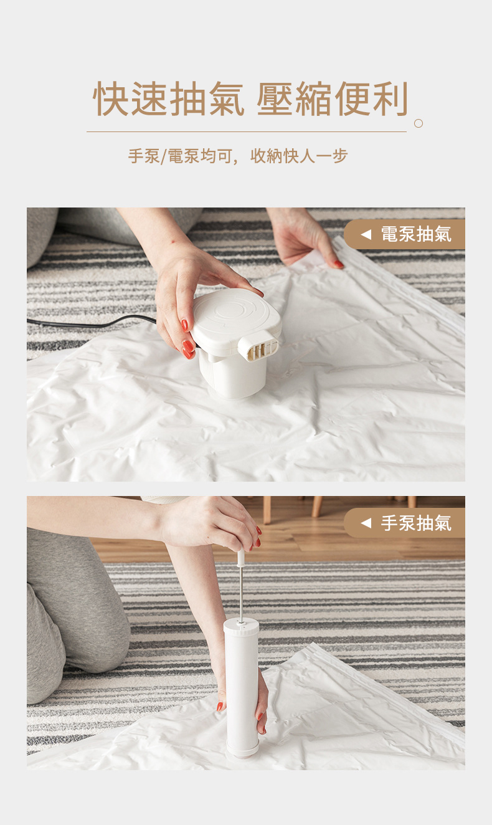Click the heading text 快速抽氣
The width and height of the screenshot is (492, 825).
169,98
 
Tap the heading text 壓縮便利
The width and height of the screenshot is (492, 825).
333,98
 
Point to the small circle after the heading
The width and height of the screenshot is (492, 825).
419,123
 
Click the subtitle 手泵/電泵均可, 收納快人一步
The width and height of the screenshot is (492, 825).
238,156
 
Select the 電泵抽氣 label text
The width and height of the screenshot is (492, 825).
416,234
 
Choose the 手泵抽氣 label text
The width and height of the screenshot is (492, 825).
416,523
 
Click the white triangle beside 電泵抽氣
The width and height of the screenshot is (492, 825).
366,234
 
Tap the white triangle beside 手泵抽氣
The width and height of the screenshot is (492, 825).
366,523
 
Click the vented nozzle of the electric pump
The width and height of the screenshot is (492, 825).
258,346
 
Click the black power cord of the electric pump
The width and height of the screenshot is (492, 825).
92,323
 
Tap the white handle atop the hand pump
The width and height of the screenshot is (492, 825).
241,558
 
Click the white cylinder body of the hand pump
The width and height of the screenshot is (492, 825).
241,680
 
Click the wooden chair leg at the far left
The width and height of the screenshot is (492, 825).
267,510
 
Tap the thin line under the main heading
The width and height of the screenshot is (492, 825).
247,131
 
